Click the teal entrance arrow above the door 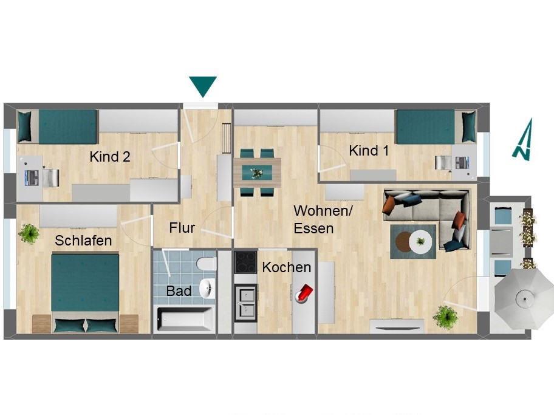(x=203, y=85)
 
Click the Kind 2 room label (x=110, y=157)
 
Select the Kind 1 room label (x=369, y=151)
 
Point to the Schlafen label (x=83, y=241)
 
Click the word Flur (x=182, y=228)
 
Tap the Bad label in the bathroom (x=179, y=291)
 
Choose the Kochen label (x=287, y=267)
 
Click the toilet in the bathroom (x=207, y=263)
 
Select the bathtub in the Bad (x=185, y=319)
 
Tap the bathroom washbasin (x=207, y=288)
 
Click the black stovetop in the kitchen (x=246, y=262)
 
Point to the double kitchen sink (x=246, y=302)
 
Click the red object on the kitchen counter (x=304, y=293)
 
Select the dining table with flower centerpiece (x=257, y=173)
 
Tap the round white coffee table (x=420, y=242)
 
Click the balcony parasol (x=524, y=299)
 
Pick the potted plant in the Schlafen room (x=29, y=233)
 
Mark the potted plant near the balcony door (x=445, y=317)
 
